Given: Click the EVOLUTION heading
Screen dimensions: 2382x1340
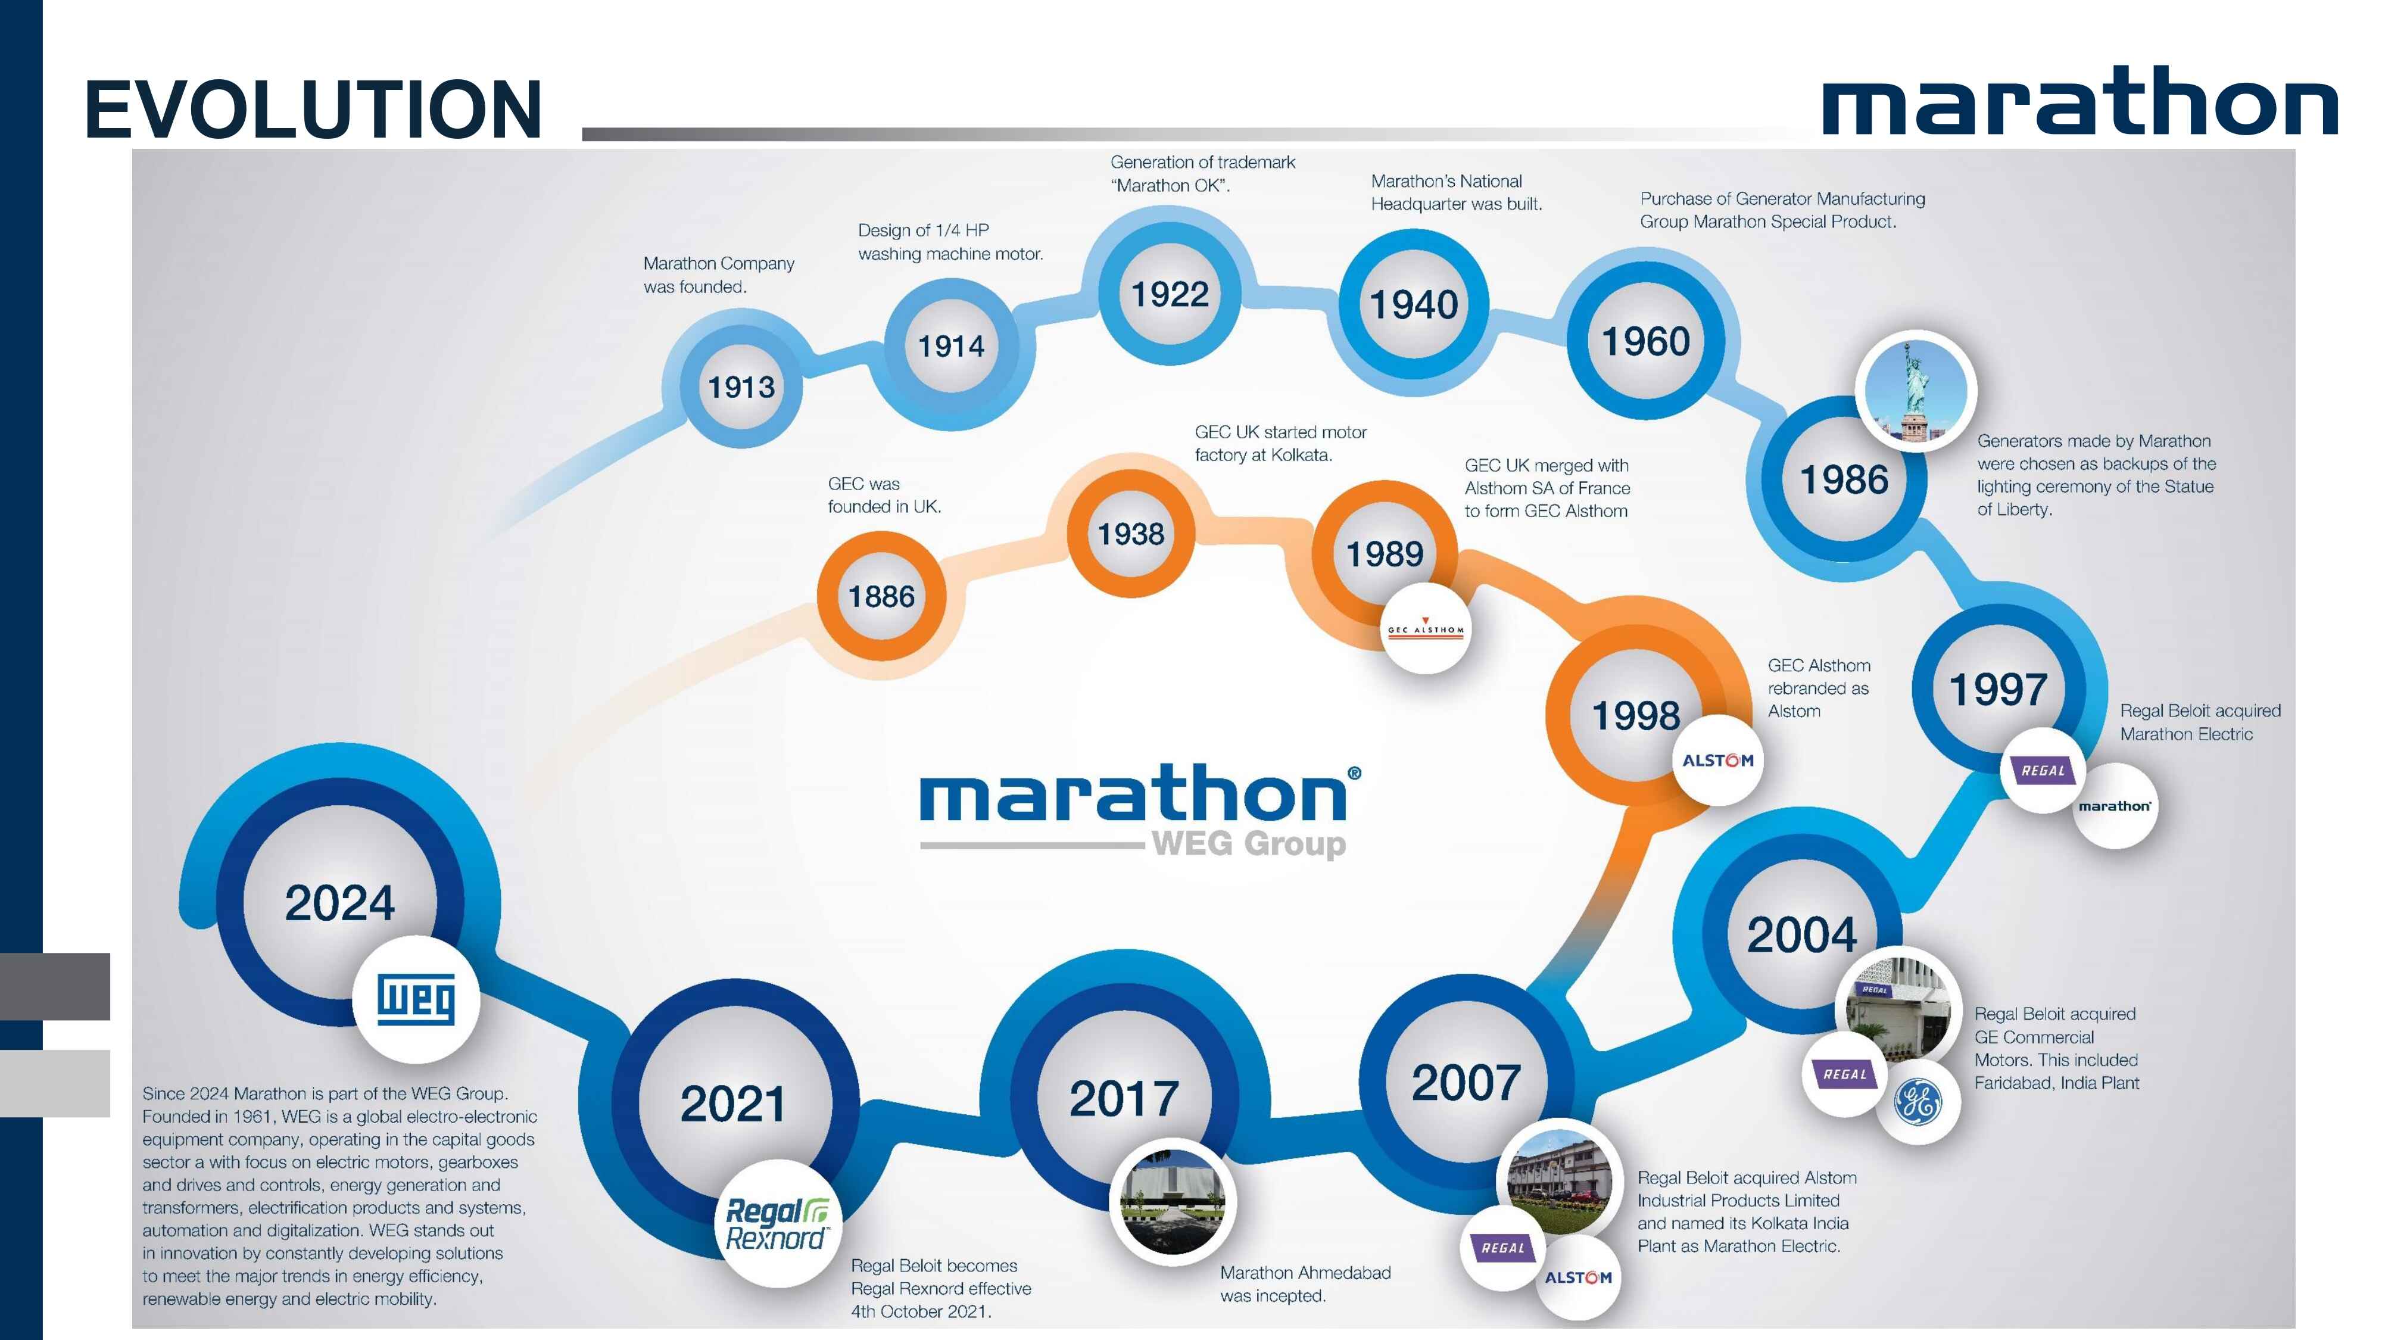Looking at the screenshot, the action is pyautogui.click(x=313, y=109).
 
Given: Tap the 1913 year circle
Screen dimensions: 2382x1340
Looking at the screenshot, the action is pyautogui.click(x=741, y=386).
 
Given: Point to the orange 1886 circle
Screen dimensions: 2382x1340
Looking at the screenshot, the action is pyautogui.click(x=881, y=597).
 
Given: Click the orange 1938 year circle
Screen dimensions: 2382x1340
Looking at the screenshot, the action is pyautogui.click(x=1131, y=534).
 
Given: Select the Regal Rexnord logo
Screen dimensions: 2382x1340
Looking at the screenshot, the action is pyautogui.click(x=778, y=1223).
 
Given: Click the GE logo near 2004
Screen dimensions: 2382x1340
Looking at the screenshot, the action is pyautogui.click(x=1919, y=1101).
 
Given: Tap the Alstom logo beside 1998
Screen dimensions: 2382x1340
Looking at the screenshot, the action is pyautogui.click(x=1717, y=760).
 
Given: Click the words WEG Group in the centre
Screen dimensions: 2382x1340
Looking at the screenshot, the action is pyautogui.click(x=1248, y=843).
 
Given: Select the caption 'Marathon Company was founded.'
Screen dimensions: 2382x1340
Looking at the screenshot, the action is pyautogui.click(x=719, y=275).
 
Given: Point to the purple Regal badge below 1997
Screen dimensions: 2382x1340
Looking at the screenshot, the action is pyautogui.click(x=2043, y=770).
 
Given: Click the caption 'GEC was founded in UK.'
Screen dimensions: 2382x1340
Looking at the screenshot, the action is pyautogui.click(x=884, y=495).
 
